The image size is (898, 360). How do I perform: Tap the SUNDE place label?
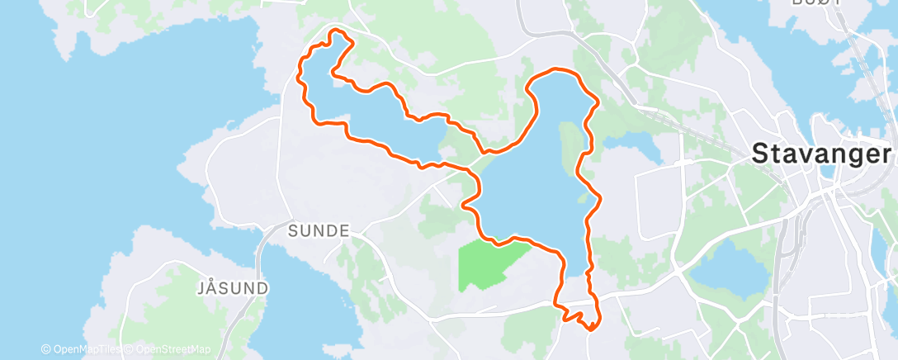point(318,230)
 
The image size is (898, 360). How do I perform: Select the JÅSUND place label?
point(232,288)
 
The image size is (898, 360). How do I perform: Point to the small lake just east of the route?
point(636,149)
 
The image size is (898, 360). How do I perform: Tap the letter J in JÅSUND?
point(201,288)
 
